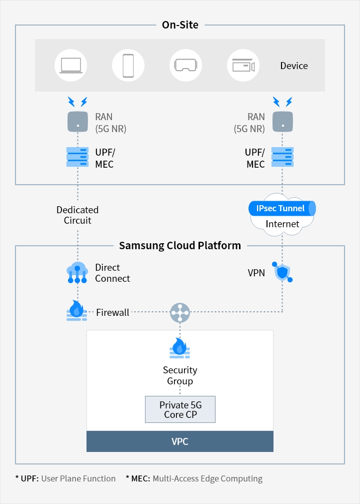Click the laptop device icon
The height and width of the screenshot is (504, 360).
click(x=70, y=65)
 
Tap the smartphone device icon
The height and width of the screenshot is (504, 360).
click(x=128, y=65)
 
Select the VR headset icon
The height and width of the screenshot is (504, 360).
click(x=185, y=65)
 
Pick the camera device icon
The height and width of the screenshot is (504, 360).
click(x=243, y=65)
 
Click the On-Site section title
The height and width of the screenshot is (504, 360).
click(x=180, y=25)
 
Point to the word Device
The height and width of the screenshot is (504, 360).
click(x=294, y=66)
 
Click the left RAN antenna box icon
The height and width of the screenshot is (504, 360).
click(x=77, y=122)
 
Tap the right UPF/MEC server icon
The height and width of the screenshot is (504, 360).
click(x=282, y=157)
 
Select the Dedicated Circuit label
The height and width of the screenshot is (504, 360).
click(x=77, y=215)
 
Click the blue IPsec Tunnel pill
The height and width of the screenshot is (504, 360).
click(x=282, y=208)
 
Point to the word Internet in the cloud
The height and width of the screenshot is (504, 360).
click(x=282, y=224)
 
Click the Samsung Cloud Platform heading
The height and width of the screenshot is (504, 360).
click(x=180, y=246)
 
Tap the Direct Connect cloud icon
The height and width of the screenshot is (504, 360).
click(x=77, y=273)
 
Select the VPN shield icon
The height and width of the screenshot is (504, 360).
click(x=282, y=273)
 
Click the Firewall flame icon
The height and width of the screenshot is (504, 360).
click(x=77, y=310)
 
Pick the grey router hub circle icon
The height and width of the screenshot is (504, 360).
click(x=180, y=312)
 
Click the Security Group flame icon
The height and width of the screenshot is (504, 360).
click(x=180, y=348)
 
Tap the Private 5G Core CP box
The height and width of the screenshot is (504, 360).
click(x=180, y=409)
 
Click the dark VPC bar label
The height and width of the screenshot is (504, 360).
click(x=180, y=441)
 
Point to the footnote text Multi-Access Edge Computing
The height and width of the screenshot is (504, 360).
click(x=207, y=478)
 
